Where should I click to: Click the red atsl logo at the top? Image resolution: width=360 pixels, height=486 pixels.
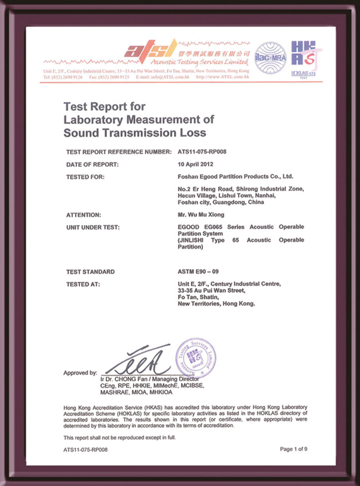[x=151, y=50]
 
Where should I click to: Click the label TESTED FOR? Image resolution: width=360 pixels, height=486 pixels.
[x=85, y=177]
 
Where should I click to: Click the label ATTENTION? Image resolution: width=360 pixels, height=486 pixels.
[x=84, y=215]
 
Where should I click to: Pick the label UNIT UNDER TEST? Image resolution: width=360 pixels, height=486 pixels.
[x=93, y=227]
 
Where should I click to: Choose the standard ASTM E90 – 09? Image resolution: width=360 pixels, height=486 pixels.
[x=197, y=272]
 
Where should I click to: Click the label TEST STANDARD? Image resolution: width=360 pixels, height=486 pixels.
[x=90, y=272]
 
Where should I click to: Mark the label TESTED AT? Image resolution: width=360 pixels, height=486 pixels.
[x=83, y=284]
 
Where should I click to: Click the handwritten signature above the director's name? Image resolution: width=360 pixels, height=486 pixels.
[x=139, y=360]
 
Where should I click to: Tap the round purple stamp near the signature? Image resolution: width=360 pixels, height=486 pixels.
[x=195, y=357]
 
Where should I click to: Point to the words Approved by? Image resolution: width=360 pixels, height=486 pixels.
[x=80, y=373]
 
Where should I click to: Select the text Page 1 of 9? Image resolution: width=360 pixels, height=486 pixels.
[x=294, y=449]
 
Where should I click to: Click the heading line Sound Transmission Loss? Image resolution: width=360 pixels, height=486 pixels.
[x=135, y=133]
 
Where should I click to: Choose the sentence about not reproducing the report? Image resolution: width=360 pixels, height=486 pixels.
[x=120, y=437]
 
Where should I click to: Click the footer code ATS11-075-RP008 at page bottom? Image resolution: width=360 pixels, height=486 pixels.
[x=86, y=449]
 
